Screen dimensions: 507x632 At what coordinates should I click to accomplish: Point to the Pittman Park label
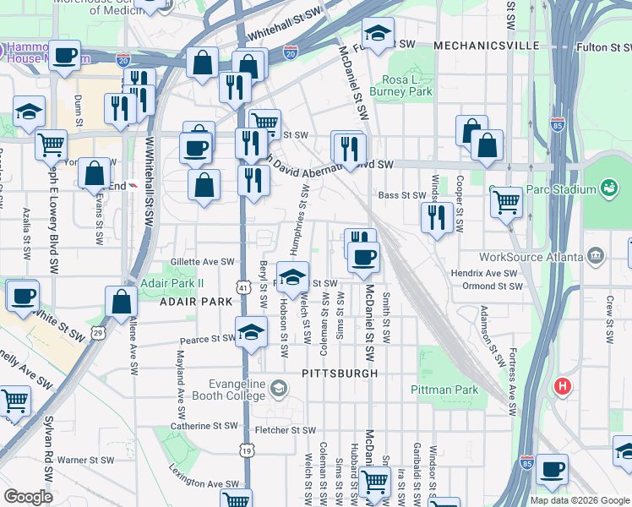[444, 390]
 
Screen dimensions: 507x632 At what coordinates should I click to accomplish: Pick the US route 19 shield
[245, 452]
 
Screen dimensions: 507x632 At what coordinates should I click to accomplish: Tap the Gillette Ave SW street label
[202, 262]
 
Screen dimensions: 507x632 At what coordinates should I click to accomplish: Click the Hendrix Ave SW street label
[483, 274]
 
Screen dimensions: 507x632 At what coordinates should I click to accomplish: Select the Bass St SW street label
[402, 195]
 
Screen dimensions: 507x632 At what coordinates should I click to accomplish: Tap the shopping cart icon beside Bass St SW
[505, 201]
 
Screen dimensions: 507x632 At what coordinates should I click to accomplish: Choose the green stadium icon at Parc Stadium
[607, 187]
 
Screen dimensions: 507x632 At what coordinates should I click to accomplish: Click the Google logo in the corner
[28, 497]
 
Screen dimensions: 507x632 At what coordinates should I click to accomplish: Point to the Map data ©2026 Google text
[580, 500]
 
